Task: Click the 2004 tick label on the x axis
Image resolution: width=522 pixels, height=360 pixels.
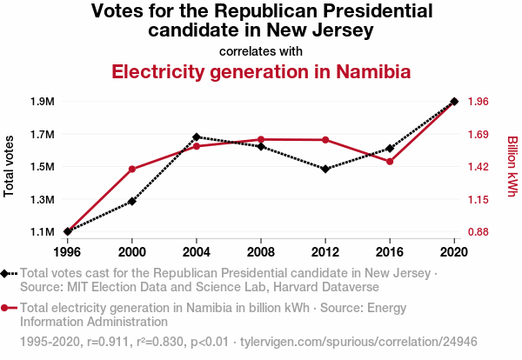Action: click(197, 252)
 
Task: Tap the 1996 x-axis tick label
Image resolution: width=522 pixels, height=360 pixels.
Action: click(67, 252)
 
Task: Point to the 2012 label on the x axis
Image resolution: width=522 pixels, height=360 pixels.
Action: click(325, 252)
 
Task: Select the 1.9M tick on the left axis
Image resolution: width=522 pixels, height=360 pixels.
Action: click(41, 102)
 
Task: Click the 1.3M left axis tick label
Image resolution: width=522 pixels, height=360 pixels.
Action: click(41, 200)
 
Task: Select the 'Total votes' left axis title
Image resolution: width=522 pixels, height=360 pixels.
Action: click(10, 166)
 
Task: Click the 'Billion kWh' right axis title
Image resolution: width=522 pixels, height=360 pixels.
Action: click(512, 165)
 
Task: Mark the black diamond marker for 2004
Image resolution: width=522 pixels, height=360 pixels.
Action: click(197, 137)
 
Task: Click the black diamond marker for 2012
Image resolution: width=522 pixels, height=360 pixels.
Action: click(325, 169)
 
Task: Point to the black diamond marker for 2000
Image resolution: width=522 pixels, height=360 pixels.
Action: click(132, 201)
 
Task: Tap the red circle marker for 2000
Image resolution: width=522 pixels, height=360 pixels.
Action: click(132, 169)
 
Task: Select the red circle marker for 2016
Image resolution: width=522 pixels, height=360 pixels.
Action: click(390, 162)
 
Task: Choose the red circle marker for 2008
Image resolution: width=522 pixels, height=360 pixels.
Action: click(261, 139)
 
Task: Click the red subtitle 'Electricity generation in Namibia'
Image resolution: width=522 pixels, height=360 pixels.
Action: click(261, 71)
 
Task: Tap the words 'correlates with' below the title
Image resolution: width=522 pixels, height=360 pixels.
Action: click(261, 50)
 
